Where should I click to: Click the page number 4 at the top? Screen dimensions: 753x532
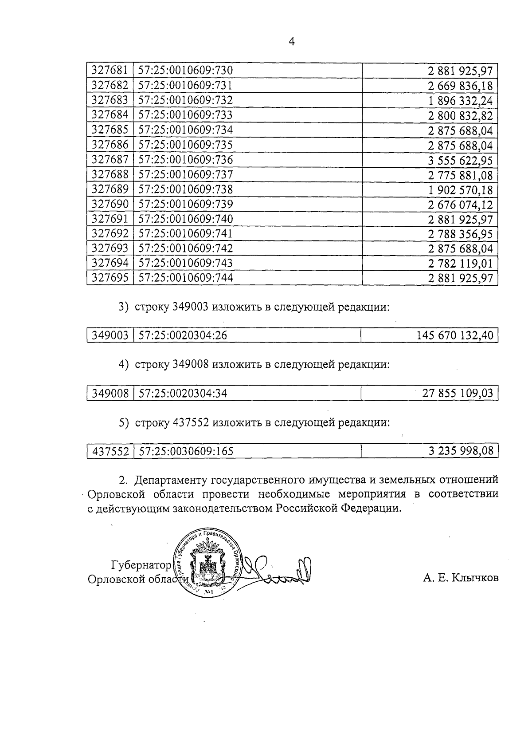click(291, 42)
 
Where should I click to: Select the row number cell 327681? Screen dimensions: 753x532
click(110, 71)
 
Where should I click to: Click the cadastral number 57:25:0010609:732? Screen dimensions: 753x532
click(186, 100)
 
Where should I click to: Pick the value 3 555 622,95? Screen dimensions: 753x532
click(460, 160)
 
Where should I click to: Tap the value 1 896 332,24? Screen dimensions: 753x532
click(460, 101)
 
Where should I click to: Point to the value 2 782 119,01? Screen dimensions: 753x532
click(460, 264)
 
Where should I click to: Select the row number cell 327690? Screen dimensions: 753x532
click(110, 204)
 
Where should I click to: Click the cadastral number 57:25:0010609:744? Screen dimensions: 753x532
click(186, 278)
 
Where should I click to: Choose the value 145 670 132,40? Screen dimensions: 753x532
click(455, 335)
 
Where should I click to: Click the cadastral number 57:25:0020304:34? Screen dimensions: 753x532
click(183, 393)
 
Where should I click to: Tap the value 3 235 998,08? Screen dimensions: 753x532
click(461, 451)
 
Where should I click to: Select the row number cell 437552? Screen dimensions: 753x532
click(110, 452)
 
